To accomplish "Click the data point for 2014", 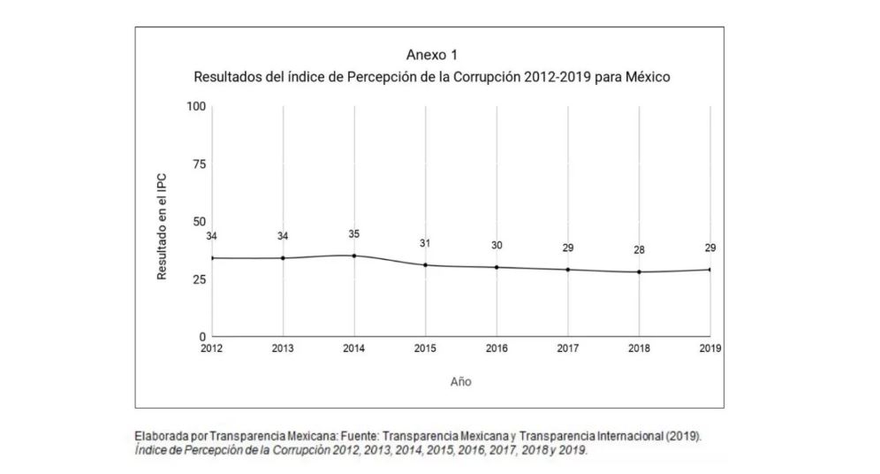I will (x=354, y=256).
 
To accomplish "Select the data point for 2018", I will (x=639, y=271).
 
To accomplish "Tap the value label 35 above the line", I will (x=354, y=234).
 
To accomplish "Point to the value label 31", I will (x=426, y=244).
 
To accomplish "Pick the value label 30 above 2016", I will (x=497, y=246).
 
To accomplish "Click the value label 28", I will (x=639, y=250).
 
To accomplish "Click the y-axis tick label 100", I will (x=195, y=107).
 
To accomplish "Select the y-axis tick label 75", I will (x=198, y=164).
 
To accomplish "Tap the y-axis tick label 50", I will (x=198, y=222).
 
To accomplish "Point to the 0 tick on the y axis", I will (x=201, y=337).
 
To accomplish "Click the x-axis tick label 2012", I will (x=211, y=348).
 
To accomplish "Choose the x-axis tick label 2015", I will (x=426, y=348).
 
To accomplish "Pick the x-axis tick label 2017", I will (x=567, y=348).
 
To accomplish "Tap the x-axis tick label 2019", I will (x=709, y=348).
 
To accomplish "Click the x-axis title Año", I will (x=460, y=382).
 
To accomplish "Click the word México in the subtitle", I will (x=649, y=77).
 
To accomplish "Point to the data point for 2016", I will (x=497, y=267).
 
